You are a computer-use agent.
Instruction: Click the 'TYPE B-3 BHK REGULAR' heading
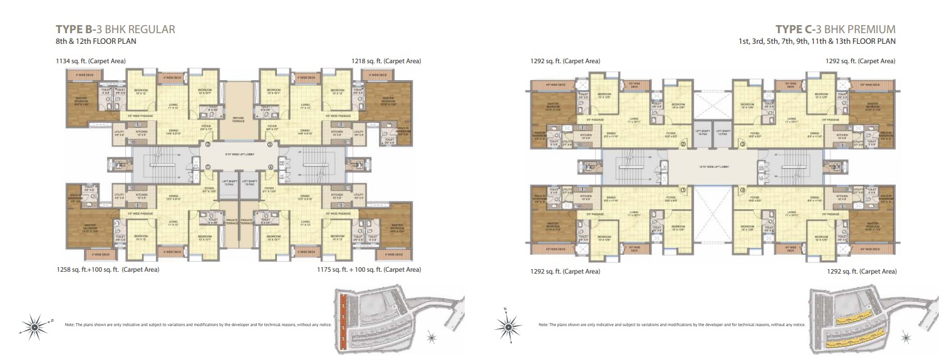115,29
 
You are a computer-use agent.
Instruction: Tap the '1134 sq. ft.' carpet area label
91,61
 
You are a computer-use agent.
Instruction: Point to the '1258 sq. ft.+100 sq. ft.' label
107,270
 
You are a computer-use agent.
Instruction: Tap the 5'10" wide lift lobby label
238,153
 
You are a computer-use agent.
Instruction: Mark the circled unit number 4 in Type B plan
271,167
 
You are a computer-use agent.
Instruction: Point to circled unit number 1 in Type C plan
683,190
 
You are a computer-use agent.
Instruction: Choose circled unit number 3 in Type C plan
742,144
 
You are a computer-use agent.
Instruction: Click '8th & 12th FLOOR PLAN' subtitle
96,41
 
